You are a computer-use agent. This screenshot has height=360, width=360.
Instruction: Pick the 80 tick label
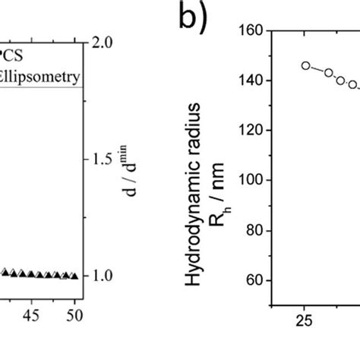point(253,231)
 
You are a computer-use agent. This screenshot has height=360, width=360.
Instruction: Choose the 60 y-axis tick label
point(253,281)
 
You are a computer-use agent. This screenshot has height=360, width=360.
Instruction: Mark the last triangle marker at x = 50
point(74,276)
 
